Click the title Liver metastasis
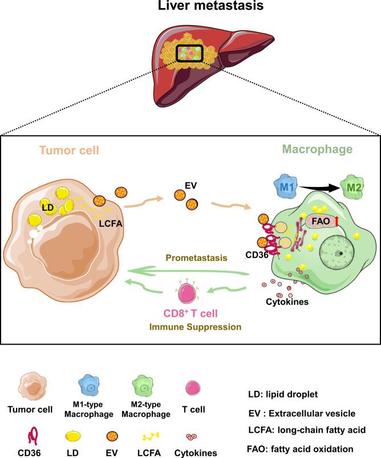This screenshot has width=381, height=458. pos(190,9)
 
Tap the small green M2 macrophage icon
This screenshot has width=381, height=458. pos(355,186)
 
